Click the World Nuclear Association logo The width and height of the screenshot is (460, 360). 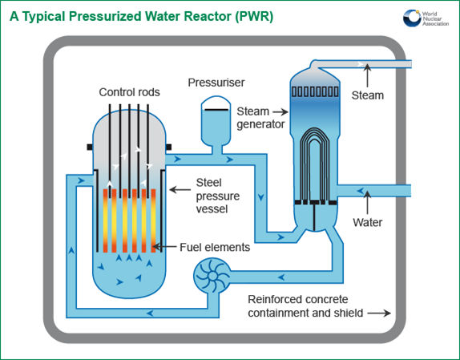coord(426,18)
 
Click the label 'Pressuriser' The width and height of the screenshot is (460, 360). coord(216,83)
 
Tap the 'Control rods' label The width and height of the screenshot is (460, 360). coord(129,92)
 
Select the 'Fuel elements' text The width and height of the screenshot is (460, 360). coord(215,247)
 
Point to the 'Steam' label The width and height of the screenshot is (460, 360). coord(368,95)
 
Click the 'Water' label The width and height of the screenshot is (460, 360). coord(368,222)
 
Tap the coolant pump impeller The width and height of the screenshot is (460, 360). coord(212,276)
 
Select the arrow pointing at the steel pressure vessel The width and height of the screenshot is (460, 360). coord(180,190)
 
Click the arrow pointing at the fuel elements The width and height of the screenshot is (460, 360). coord(164,247)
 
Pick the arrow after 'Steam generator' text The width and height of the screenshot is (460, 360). coord(280,111)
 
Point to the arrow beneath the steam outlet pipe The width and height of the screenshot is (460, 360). coord(367,75)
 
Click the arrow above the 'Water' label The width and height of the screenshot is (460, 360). coord(367,202)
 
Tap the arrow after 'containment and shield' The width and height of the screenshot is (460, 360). coord(379,313)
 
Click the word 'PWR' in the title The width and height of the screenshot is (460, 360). coord(254,16)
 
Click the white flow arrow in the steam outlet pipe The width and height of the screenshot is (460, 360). coord(360,64)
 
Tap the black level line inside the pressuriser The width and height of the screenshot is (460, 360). coord(216,110)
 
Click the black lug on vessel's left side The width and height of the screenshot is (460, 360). coord(90,147)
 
